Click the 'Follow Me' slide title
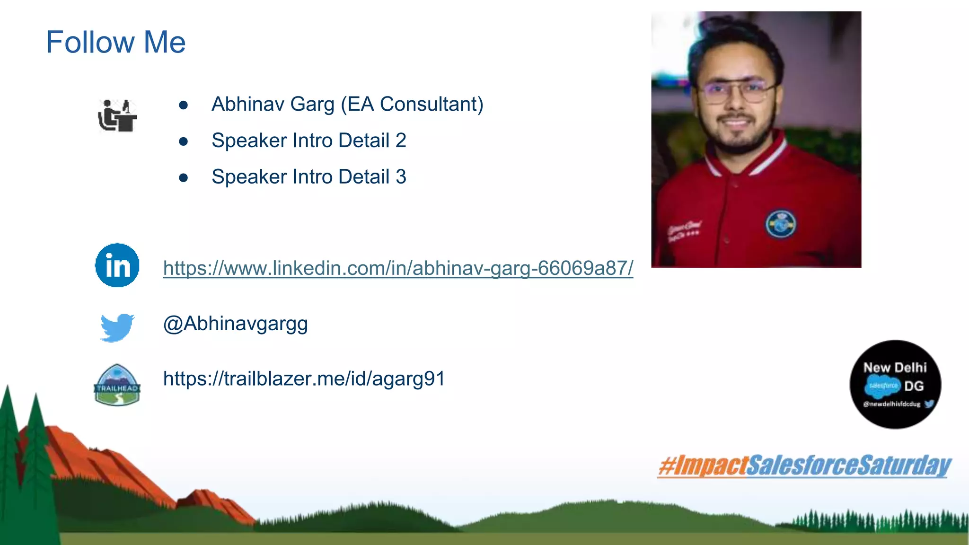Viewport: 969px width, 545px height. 115,42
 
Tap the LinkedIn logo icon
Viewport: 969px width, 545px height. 117,265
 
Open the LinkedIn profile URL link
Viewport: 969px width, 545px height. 397,268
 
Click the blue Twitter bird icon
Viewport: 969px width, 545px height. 117,327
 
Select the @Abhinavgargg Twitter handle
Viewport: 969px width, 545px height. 235,324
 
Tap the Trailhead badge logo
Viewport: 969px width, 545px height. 117,385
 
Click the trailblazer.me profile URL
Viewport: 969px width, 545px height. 304,379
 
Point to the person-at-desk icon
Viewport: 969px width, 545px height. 117,115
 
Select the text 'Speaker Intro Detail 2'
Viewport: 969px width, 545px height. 308,141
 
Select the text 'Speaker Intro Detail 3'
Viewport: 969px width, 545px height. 308,177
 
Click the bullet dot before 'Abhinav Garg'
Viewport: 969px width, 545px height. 184,105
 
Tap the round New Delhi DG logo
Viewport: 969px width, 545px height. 895,384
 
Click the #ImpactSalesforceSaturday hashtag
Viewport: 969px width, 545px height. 804,466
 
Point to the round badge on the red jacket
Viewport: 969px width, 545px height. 780,224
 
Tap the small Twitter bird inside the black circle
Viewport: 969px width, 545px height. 929,404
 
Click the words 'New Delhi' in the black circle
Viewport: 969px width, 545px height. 894,368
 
